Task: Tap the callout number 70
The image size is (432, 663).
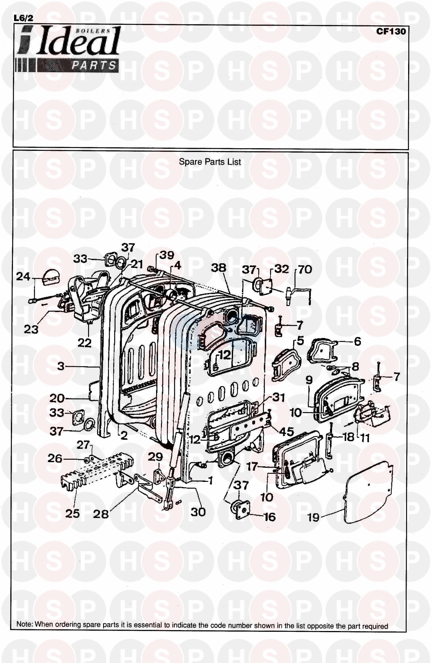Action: (x=305, y=270)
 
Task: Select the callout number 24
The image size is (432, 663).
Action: (x=23, y=277)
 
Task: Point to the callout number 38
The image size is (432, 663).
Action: (x=218, y=268)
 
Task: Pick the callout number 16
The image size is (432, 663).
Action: (x=270, y=517)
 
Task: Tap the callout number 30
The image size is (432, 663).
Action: (x=198, y=512)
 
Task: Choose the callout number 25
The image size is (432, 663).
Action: (x=72, y=513)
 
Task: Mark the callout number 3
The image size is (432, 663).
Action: (x=60, y=366)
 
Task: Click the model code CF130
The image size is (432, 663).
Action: (x=391, y=31)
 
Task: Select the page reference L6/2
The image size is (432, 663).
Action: (x=24, y=18)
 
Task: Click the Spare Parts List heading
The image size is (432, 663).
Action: (x=210, y=162)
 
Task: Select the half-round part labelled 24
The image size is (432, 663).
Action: (x=51, y=275)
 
